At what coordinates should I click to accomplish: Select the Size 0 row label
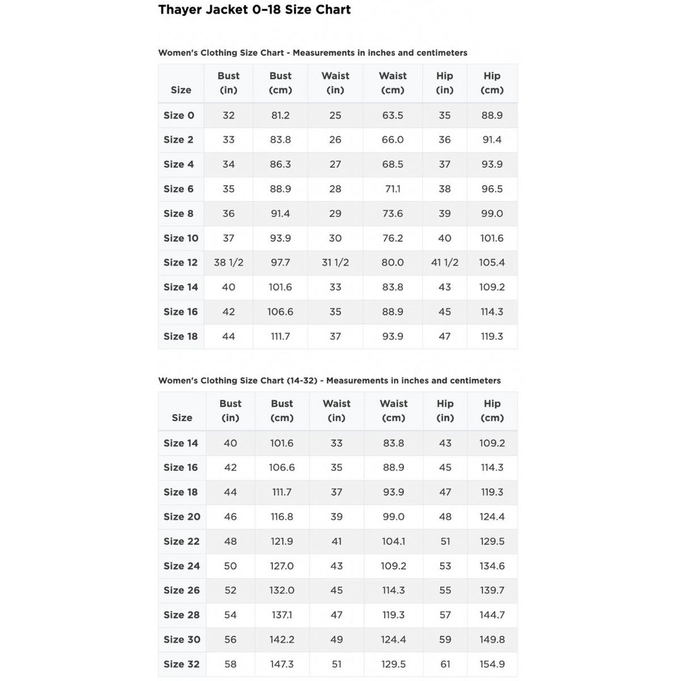pyautogui.click(x=179, y=115)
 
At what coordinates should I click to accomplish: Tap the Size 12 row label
pyautogui.click(x=180, y=262)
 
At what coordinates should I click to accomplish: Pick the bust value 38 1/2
pyautogui.click(x=228, y=262)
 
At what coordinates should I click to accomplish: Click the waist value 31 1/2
pyautogui.click(x=335, y=262)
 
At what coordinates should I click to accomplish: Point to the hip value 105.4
pyautogui.click(x=492, y=262)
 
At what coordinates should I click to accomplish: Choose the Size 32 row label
pyautogui.click(x=182, y=664)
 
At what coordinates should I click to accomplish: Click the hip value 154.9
pyautogui.click(x=492, y=664)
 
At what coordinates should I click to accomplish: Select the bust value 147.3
pyautogui.click(x=282, y=664)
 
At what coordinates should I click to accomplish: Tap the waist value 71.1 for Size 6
pyautogui.click(x=392, y=189)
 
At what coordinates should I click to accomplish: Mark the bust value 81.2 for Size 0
pyautogui.click(x=280, y=115)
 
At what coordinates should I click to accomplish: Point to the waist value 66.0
pyautogui.click(x=392, y=140)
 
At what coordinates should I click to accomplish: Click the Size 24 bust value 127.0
pyautogui.click(x=282, y=566)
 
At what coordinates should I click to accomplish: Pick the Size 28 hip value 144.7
pyautogui.click(x=492, y=615)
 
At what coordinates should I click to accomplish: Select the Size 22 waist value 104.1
pyautogui.click(x=393, y=541)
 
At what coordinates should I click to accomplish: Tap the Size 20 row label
pyautogui.click(x=182, y=516)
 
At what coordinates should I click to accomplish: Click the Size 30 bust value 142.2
pyautogui.click(x=282, y=639)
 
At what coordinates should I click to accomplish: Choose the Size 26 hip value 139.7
pyautogui.click(x=492, y=590)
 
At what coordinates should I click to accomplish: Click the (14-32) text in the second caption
pyautogui.click(x=301, y=381)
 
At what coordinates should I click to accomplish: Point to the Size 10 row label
pyautogui.click(x=181, y=238)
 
